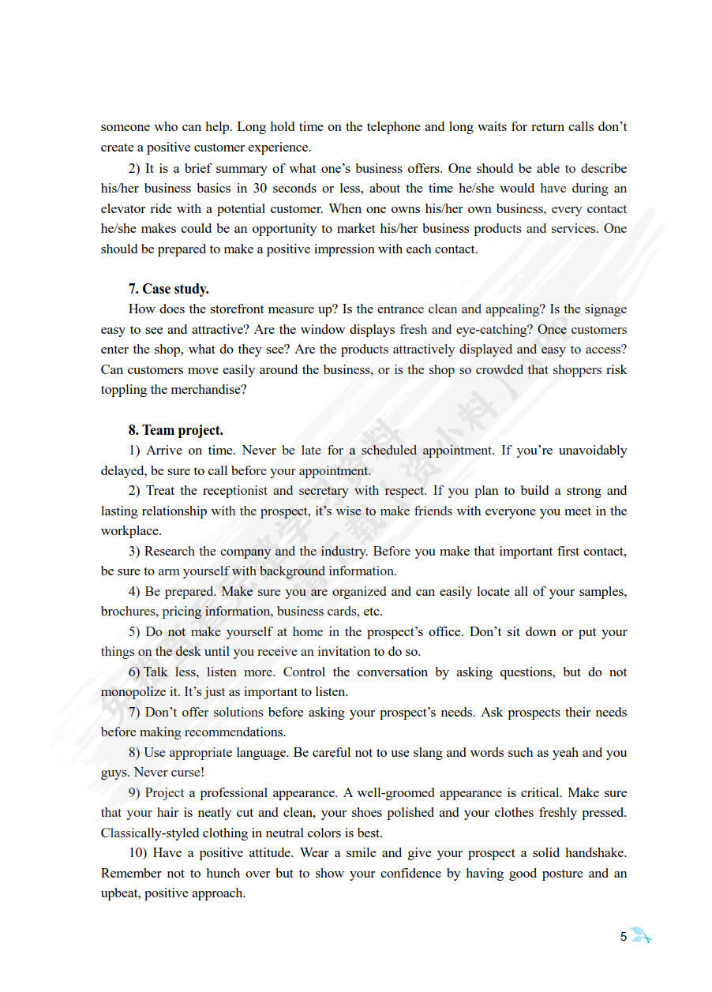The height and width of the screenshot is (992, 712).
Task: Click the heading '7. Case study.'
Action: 168,289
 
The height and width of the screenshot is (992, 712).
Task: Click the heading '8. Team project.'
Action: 175,430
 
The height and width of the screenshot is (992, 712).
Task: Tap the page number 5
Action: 624,937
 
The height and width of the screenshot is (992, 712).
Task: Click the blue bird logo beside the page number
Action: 640,937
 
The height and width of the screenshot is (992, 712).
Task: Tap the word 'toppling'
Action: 123,389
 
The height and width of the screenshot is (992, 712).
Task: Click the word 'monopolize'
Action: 131,691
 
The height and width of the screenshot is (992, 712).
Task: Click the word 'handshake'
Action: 596,852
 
